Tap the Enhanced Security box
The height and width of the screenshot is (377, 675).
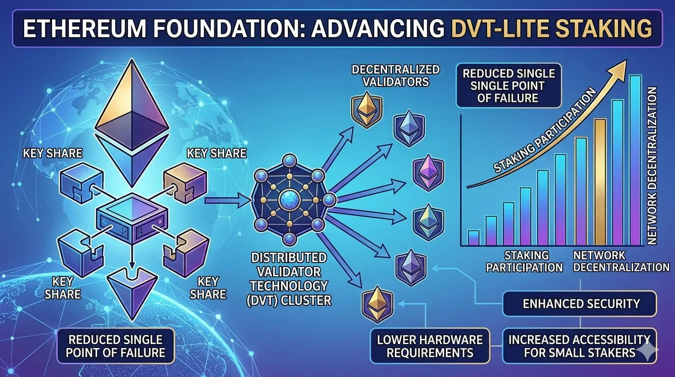point(581,303)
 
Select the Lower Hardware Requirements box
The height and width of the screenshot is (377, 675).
point(429,346)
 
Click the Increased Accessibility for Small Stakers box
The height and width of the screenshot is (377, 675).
point(578,346)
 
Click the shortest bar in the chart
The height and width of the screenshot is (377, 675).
point(473,238)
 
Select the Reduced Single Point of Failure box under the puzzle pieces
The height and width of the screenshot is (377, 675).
point(116,346)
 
